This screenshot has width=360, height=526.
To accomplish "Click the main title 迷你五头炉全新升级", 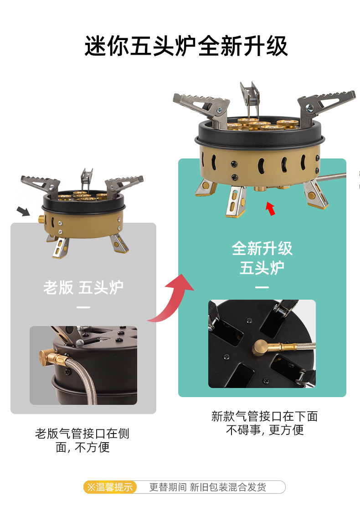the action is tap(186, 46).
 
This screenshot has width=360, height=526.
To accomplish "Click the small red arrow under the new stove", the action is tap(271, 208).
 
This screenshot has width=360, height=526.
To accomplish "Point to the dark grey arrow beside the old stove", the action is tap(23, 211).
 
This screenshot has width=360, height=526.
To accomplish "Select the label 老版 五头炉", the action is tap(83, 287).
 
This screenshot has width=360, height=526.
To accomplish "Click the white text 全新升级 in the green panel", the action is tap(262, 249).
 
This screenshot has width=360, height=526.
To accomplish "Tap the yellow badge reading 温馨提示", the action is tap(110, 487).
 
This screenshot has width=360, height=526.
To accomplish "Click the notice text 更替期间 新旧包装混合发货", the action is tap(207, 487).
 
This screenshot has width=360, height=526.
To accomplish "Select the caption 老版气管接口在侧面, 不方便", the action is tap(82, 440).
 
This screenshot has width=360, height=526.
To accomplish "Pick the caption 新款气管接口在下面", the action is tap(265, 416).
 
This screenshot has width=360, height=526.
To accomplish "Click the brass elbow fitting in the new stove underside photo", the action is tap(262, 347).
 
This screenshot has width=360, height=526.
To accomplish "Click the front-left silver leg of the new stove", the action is tap(236, 202).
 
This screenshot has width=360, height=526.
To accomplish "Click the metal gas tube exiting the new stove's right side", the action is tap(331, 177).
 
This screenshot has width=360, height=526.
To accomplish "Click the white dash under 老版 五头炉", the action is tap(83, 307).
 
